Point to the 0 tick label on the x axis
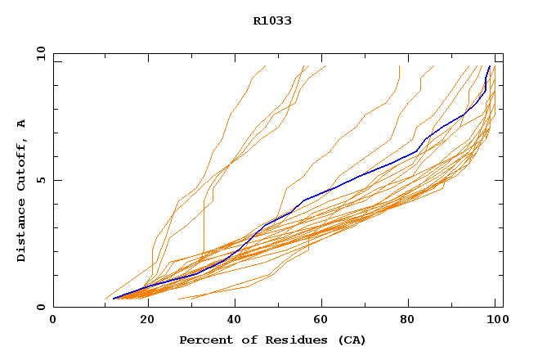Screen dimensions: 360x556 [53, 320]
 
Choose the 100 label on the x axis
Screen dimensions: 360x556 [496, 320]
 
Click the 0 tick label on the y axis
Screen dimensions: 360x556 [40, 307]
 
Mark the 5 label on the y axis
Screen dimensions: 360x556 [40, 180]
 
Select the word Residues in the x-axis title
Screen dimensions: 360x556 [277, 340]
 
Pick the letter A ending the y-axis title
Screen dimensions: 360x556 [21, 123]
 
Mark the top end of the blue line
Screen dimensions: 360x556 [490, 66]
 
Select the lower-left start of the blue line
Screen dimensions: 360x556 [113, 299]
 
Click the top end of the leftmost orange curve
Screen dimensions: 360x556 [266, 66]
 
